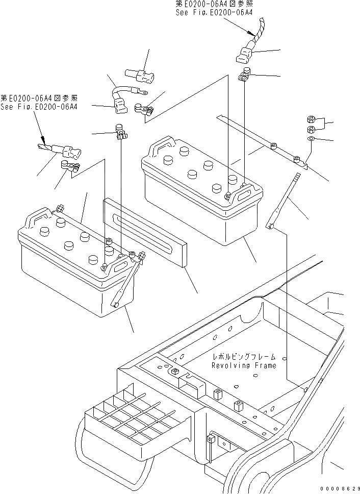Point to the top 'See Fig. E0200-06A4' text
coord(214,13)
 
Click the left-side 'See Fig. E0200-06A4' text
coord(39,107)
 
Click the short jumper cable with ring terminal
coord(127,89)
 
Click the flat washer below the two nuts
coord(311,138)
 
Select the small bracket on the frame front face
coord(210,439)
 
